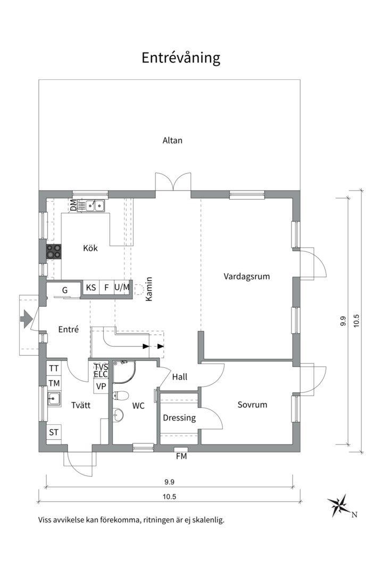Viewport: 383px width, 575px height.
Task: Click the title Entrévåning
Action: click(181, 58)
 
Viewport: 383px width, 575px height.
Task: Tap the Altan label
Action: click(172, 140)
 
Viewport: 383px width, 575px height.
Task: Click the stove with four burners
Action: click(54, 252)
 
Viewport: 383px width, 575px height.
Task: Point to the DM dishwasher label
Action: click(73, 206)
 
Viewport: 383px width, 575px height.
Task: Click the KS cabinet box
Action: click(91, 287)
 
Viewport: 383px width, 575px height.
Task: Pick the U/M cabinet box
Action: click(122, 287)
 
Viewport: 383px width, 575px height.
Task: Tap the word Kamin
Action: click(149, 289)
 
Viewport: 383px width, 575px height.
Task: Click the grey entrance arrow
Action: click(26, 319)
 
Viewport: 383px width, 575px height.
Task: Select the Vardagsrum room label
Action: click(247, 276)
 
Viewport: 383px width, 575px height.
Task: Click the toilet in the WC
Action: click(120, 396)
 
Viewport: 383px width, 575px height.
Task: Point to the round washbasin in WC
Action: click(118, 415)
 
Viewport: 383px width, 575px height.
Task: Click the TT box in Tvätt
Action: click(54, 368)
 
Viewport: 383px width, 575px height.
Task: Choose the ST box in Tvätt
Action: click(54, 432)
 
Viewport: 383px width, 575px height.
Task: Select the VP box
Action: click(101, 387)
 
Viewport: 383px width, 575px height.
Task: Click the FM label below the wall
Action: click(181, 457)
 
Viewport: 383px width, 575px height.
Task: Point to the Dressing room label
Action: click(179, 418)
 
